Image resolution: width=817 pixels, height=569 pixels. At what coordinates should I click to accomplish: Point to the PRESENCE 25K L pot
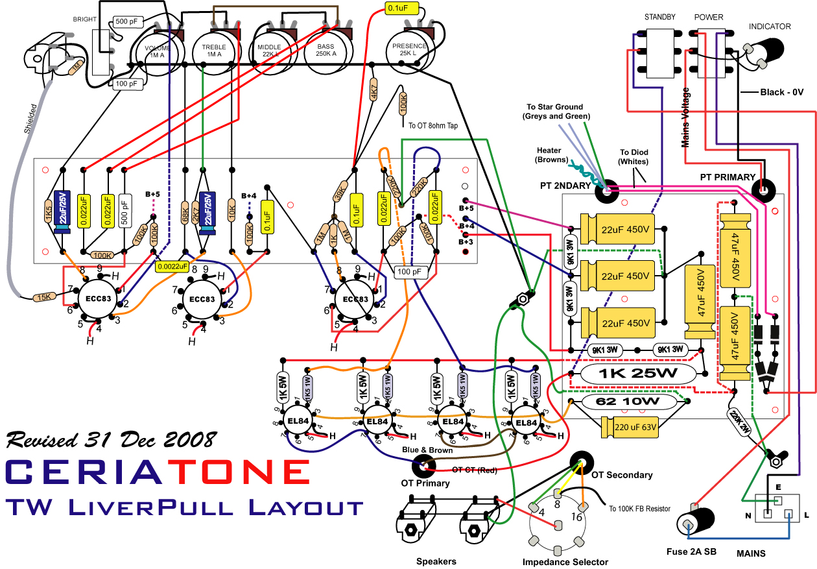[410, 50]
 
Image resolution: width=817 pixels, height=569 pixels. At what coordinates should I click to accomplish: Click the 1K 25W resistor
[638, 374]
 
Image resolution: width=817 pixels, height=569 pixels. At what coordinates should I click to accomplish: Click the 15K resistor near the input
[43, 297]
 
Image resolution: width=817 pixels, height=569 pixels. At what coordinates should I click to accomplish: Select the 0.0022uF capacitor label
[172, 265]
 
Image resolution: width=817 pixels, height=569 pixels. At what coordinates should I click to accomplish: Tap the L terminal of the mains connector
[788, 515]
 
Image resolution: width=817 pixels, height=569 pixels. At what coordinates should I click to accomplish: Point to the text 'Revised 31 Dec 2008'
[110, 440]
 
